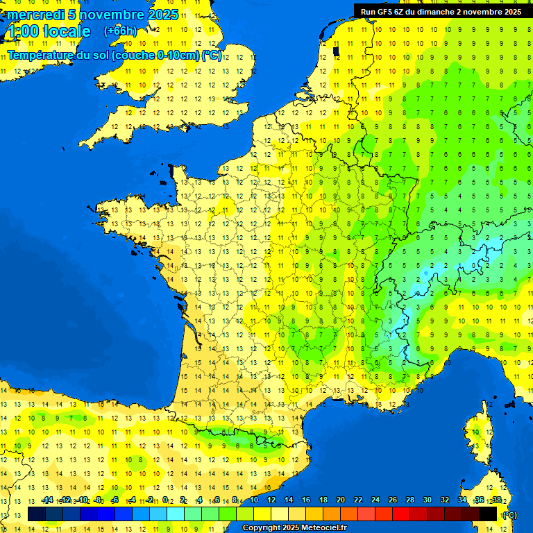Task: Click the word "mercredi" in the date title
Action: point(35,15)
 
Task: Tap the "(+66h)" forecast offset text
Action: point(121,31)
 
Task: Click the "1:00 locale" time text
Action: point(49,31)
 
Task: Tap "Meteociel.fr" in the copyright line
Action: point(323,528)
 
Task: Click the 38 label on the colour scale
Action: point(496,500)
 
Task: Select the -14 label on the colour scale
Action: point(47,500)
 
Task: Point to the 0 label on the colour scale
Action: point(165,500)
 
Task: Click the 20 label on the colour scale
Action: point(341,500)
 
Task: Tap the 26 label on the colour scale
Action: point(393,500)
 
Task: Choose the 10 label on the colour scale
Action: point(253,500)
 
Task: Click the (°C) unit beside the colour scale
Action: point(509,515)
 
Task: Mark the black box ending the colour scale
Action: point(488,514)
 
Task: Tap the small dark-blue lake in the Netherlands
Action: point(337,51)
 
